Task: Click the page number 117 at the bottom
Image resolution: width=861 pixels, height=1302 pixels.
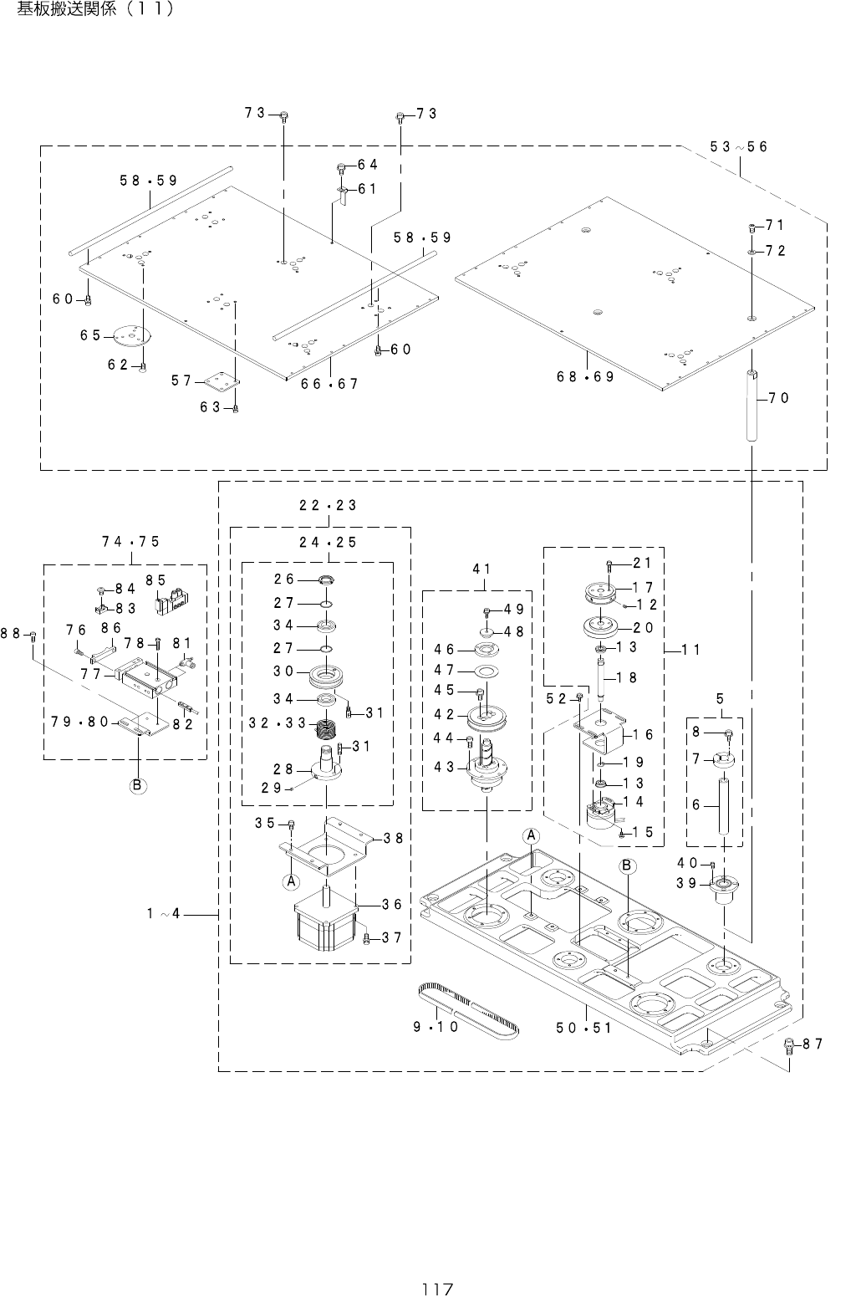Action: pos(439,1289)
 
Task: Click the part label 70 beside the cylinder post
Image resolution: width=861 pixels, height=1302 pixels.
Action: pos(778,398)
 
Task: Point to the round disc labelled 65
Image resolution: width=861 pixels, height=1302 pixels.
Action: pos(134,334)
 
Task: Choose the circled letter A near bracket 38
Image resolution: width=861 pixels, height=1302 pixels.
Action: pos(291,881)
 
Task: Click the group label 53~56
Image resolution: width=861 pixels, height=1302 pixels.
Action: pos(738,147)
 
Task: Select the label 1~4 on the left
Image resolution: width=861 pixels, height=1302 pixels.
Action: pos(163,914)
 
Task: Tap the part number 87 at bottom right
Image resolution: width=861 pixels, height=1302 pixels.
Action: pos(814,1043)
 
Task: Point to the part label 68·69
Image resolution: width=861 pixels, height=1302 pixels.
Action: pos(585,376)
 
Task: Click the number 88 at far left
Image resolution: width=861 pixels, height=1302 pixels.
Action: pos(11,634)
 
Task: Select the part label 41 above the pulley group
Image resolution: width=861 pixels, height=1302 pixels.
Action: pos(481,569)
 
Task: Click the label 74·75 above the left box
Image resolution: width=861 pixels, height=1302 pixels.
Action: pos(130,542)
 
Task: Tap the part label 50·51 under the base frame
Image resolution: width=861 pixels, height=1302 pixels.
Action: pos(583,1028)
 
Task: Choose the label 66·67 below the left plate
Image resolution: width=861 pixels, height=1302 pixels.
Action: pos(329,384)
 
